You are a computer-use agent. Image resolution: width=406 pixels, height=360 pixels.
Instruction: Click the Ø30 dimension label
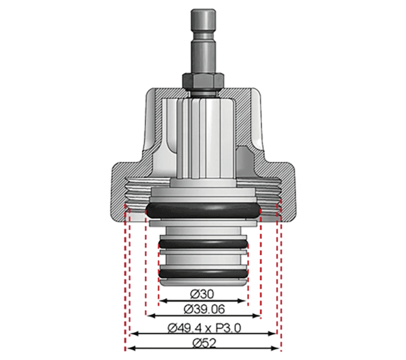[x=202, y=294]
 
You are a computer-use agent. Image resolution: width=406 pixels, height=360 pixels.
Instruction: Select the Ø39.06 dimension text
[x=204, y=309]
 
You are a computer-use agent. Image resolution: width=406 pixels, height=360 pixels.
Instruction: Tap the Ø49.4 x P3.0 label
[x=204, y=328]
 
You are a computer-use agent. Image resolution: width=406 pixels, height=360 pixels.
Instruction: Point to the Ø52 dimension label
[x=204, y=344]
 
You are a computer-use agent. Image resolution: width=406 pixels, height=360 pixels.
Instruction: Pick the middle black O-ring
[x=203, y=244]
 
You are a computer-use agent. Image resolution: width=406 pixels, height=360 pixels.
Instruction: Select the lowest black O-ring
[x=203, y=274]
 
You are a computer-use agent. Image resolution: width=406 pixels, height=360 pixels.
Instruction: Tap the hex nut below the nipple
[x=203, y=81]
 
